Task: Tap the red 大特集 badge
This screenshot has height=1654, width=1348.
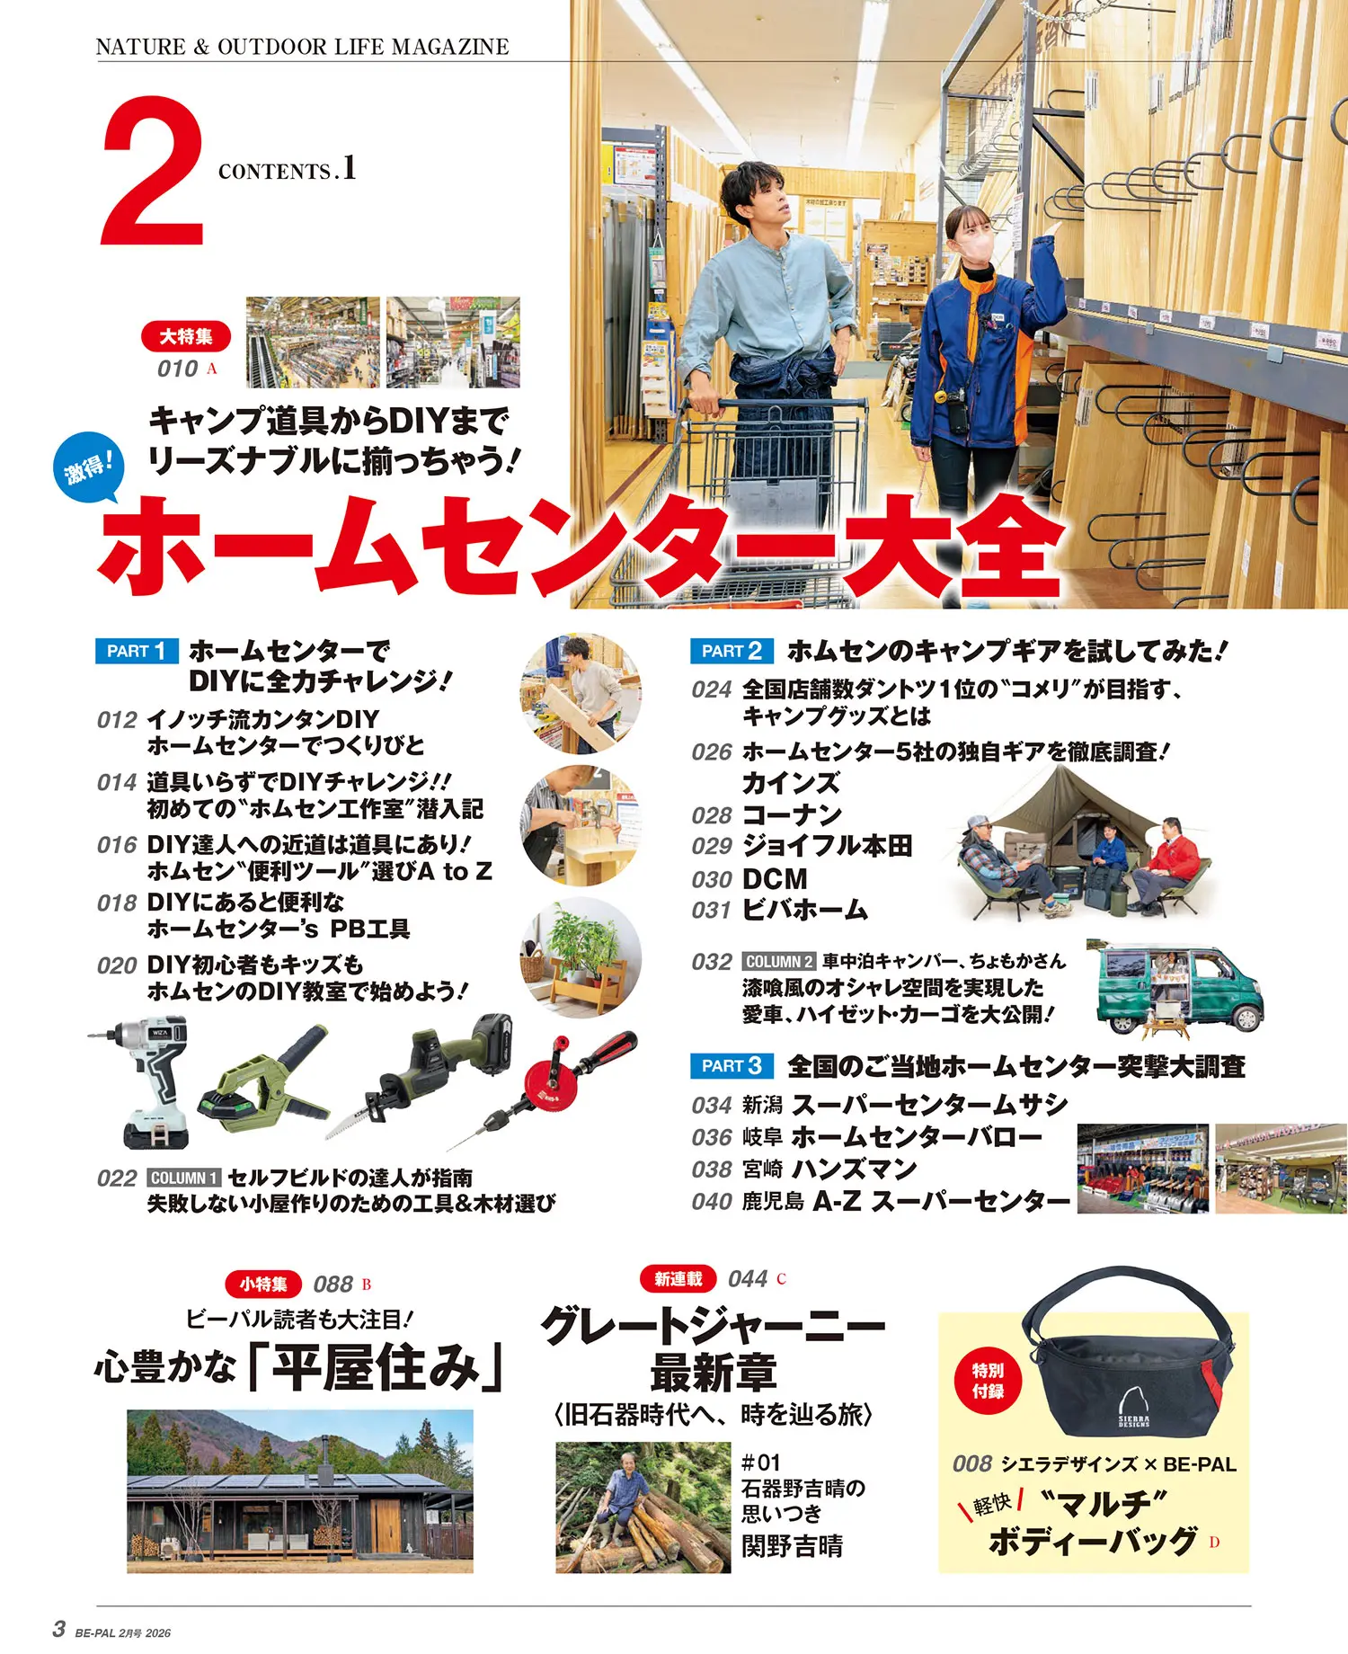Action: [186, 336]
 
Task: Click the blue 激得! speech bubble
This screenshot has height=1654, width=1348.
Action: [87, 467]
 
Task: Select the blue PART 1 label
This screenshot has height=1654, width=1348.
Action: [137, 651]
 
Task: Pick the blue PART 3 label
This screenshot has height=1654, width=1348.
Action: [732, 1066]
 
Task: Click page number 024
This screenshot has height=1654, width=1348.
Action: [712, 689]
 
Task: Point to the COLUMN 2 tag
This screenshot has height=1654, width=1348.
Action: [779, 962]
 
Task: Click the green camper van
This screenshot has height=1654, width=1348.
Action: [1179, 987]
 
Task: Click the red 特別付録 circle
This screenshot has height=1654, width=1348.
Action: [988, 1381]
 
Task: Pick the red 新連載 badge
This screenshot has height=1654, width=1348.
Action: [678, 1278]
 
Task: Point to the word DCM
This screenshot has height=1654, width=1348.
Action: [776, 879]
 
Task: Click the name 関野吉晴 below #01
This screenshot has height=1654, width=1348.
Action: [792, 1546]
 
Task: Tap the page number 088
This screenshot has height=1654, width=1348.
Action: [333, 1285]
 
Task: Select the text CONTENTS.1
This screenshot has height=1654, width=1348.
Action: [288, 169]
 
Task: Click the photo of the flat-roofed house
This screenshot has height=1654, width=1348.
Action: [300, 1491]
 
